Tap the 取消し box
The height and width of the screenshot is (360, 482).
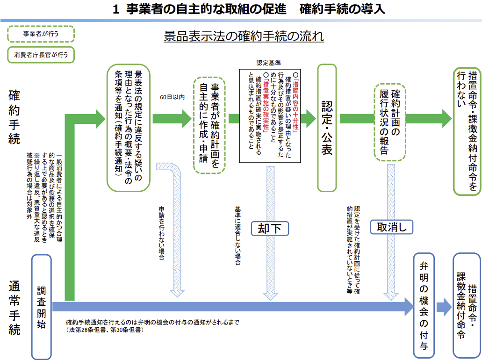[392, 227]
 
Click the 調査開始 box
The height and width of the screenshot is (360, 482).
[41, 306]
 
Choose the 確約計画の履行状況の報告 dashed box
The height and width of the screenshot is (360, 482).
[390, 122]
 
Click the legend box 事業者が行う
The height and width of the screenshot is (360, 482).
[41, 34]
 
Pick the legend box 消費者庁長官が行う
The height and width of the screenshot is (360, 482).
[41, 55]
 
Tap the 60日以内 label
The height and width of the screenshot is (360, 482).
[172, 97]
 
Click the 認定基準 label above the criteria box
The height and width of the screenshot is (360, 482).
[268, 62]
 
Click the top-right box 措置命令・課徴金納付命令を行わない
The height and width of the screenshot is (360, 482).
[467, 131]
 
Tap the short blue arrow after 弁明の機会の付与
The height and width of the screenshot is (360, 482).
[444, 307]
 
